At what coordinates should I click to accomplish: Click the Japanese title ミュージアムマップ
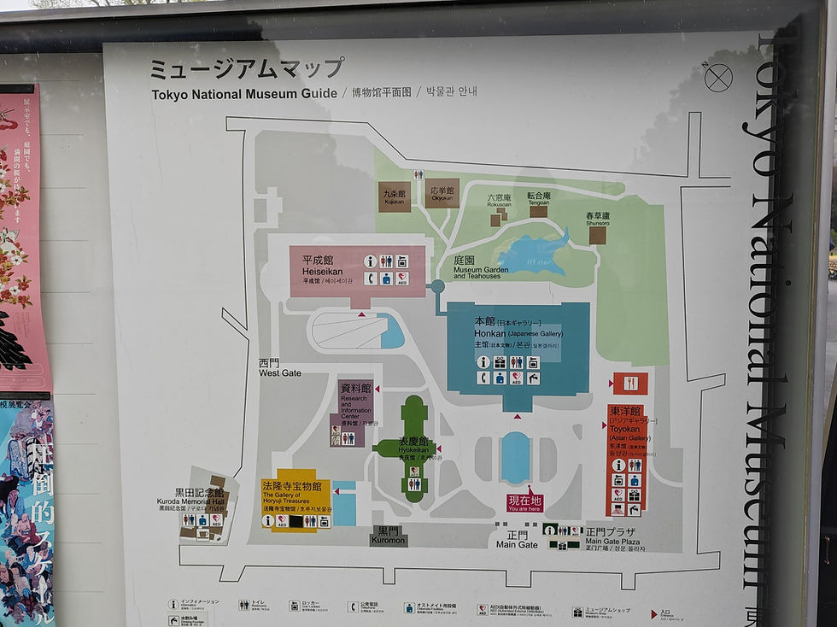(247, 68)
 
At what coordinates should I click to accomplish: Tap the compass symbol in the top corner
(718, 78)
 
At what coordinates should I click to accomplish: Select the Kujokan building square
(395, 196)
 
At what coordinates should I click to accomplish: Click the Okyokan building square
(442, 193)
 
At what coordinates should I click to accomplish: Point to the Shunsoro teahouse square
(597, 235)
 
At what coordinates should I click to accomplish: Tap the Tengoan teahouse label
(539, 196)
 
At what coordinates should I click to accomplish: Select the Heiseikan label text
(318, 266)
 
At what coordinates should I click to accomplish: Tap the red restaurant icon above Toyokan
(630, 383)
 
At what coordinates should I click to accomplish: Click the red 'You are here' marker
(524, 502)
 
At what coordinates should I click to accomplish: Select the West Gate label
(280, 368)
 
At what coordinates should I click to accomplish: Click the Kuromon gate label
(388, 536)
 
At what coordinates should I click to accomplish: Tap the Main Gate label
(517, 540)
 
